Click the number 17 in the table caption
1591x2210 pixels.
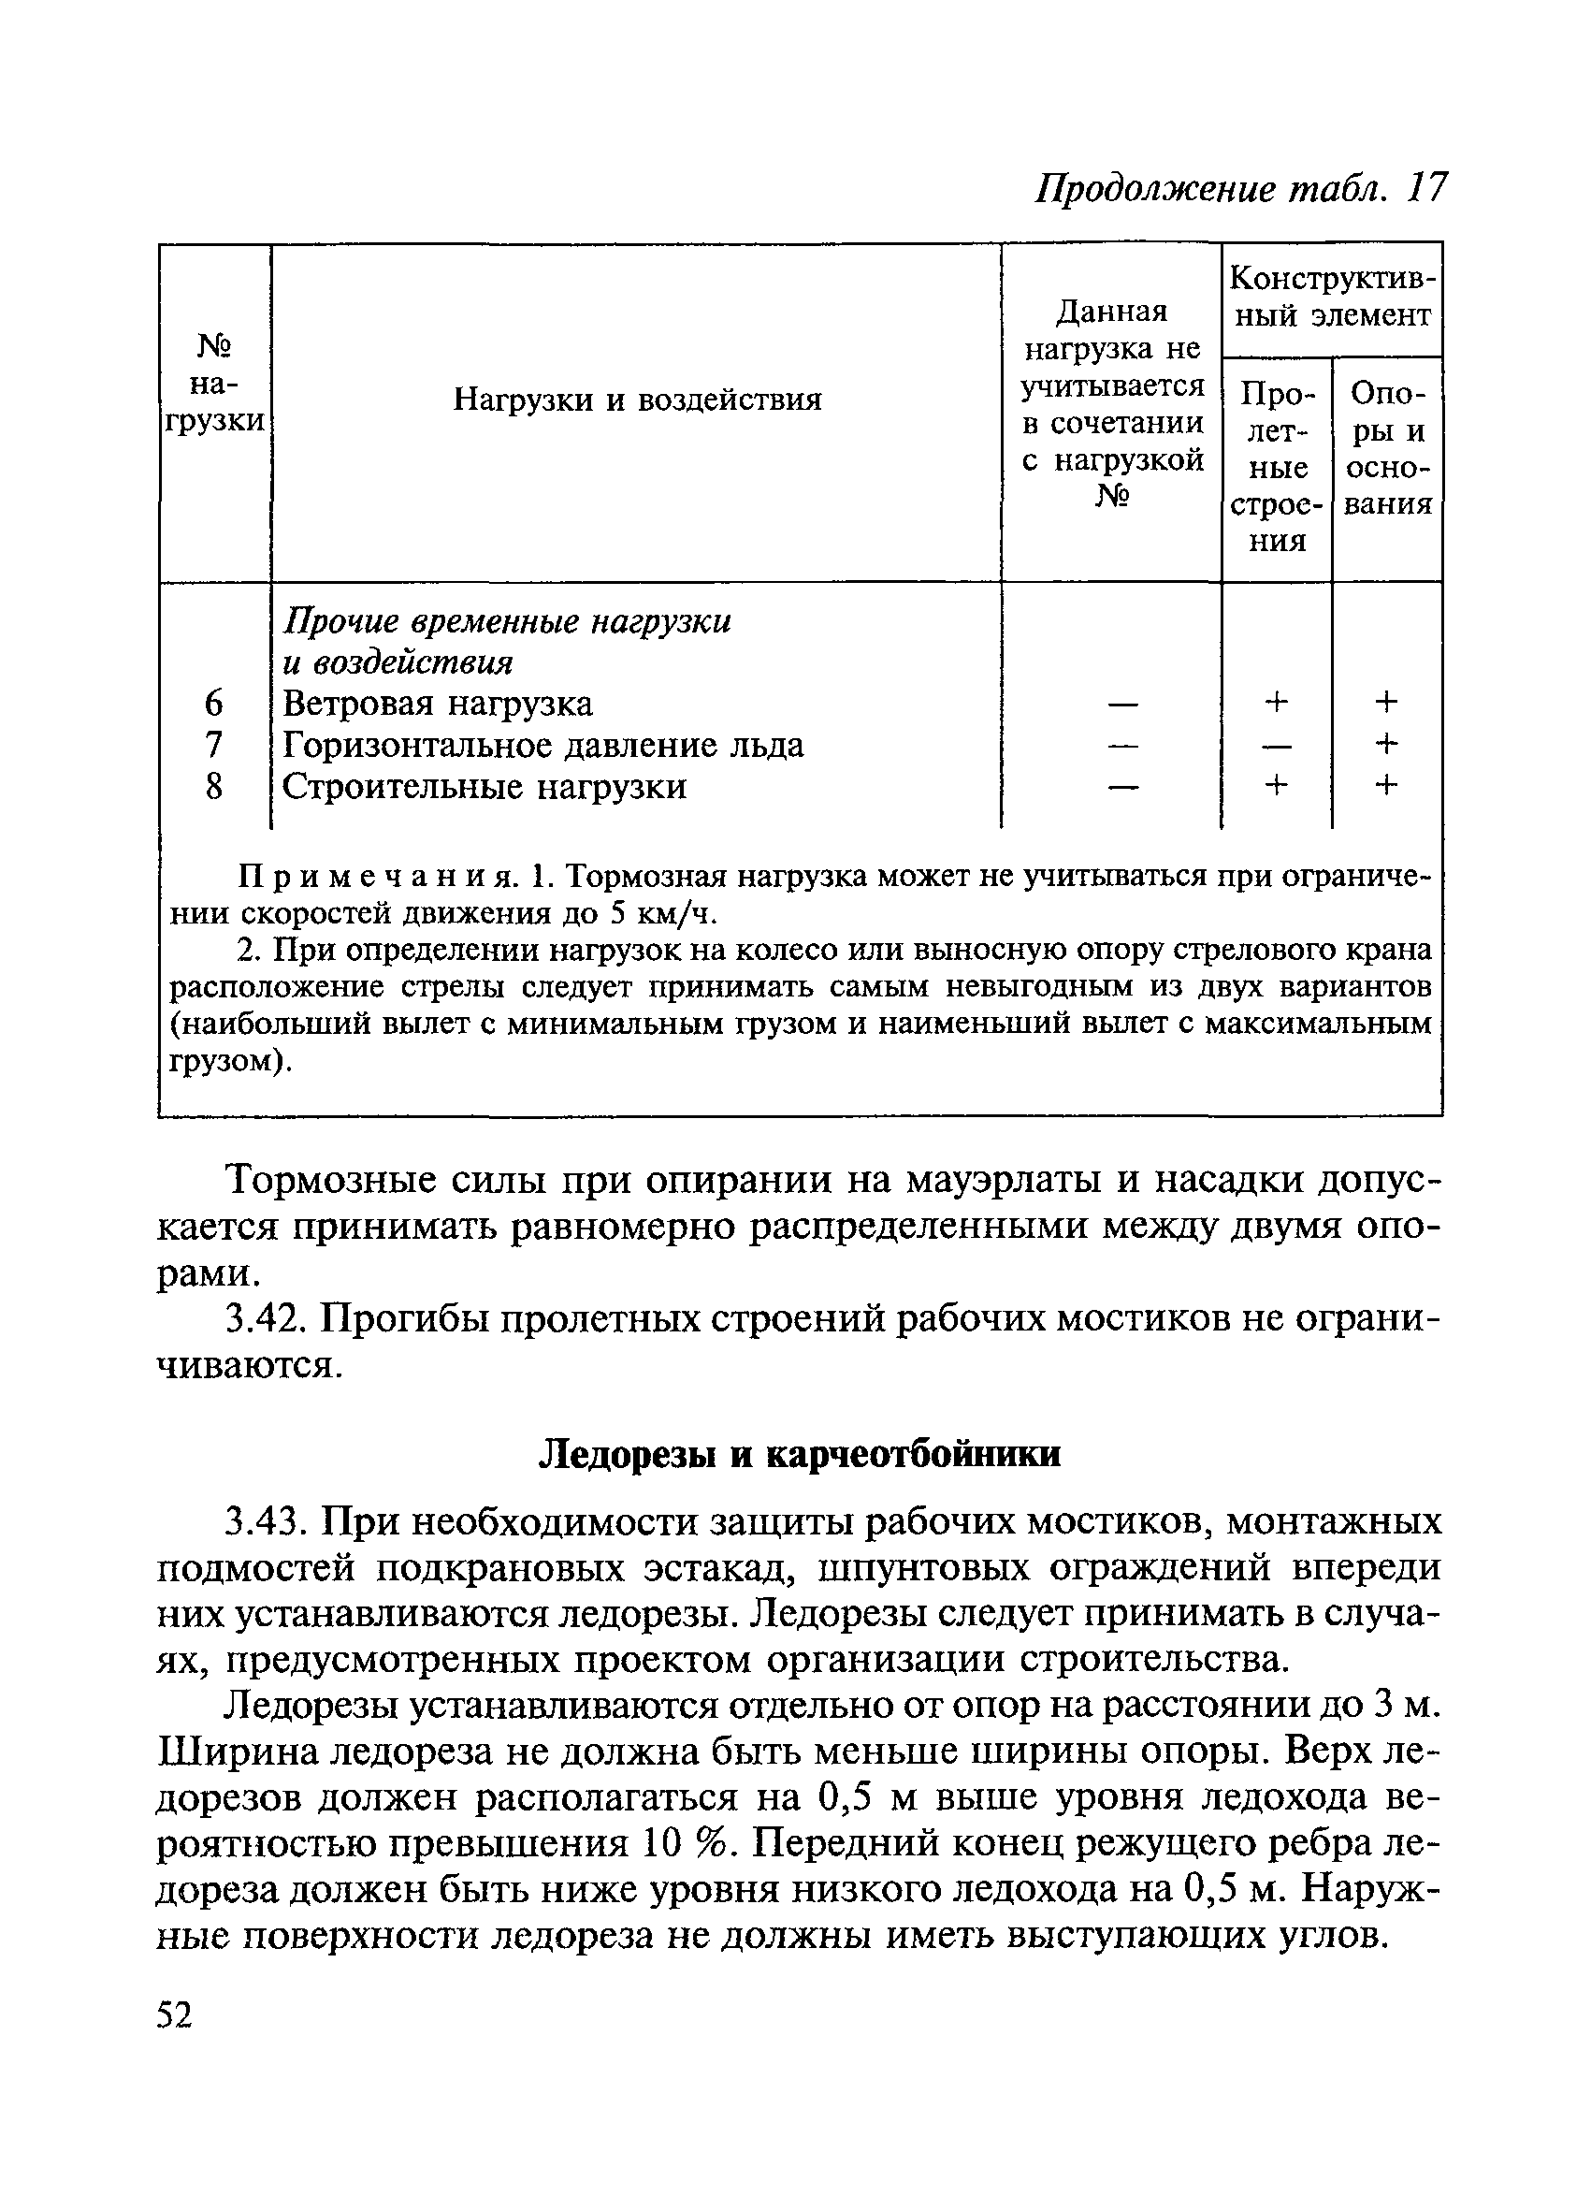pos(1426,188)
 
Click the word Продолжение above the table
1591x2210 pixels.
pos(1154,188)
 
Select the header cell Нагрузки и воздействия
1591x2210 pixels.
pos(637,400)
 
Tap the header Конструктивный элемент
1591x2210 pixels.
pos(1331,297)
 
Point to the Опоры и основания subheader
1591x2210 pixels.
pos(1387,448)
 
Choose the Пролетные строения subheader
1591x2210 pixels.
pos(1277,467)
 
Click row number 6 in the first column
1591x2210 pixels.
pos(214,704)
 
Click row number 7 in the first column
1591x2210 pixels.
pos(214,746)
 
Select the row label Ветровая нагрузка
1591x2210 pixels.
pos(437,704)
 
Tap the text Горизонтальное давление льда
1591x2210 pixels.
pos(542,746)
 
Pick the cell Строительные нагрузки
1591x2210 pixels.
pos(485,786)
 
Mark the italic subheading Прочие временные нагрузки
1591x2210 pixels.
pos(507,621)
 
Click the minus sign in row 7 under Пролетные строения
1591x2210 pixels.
pos(1277,746)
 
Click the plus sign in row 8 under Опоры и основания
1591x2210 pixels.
pos(1386,785)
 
